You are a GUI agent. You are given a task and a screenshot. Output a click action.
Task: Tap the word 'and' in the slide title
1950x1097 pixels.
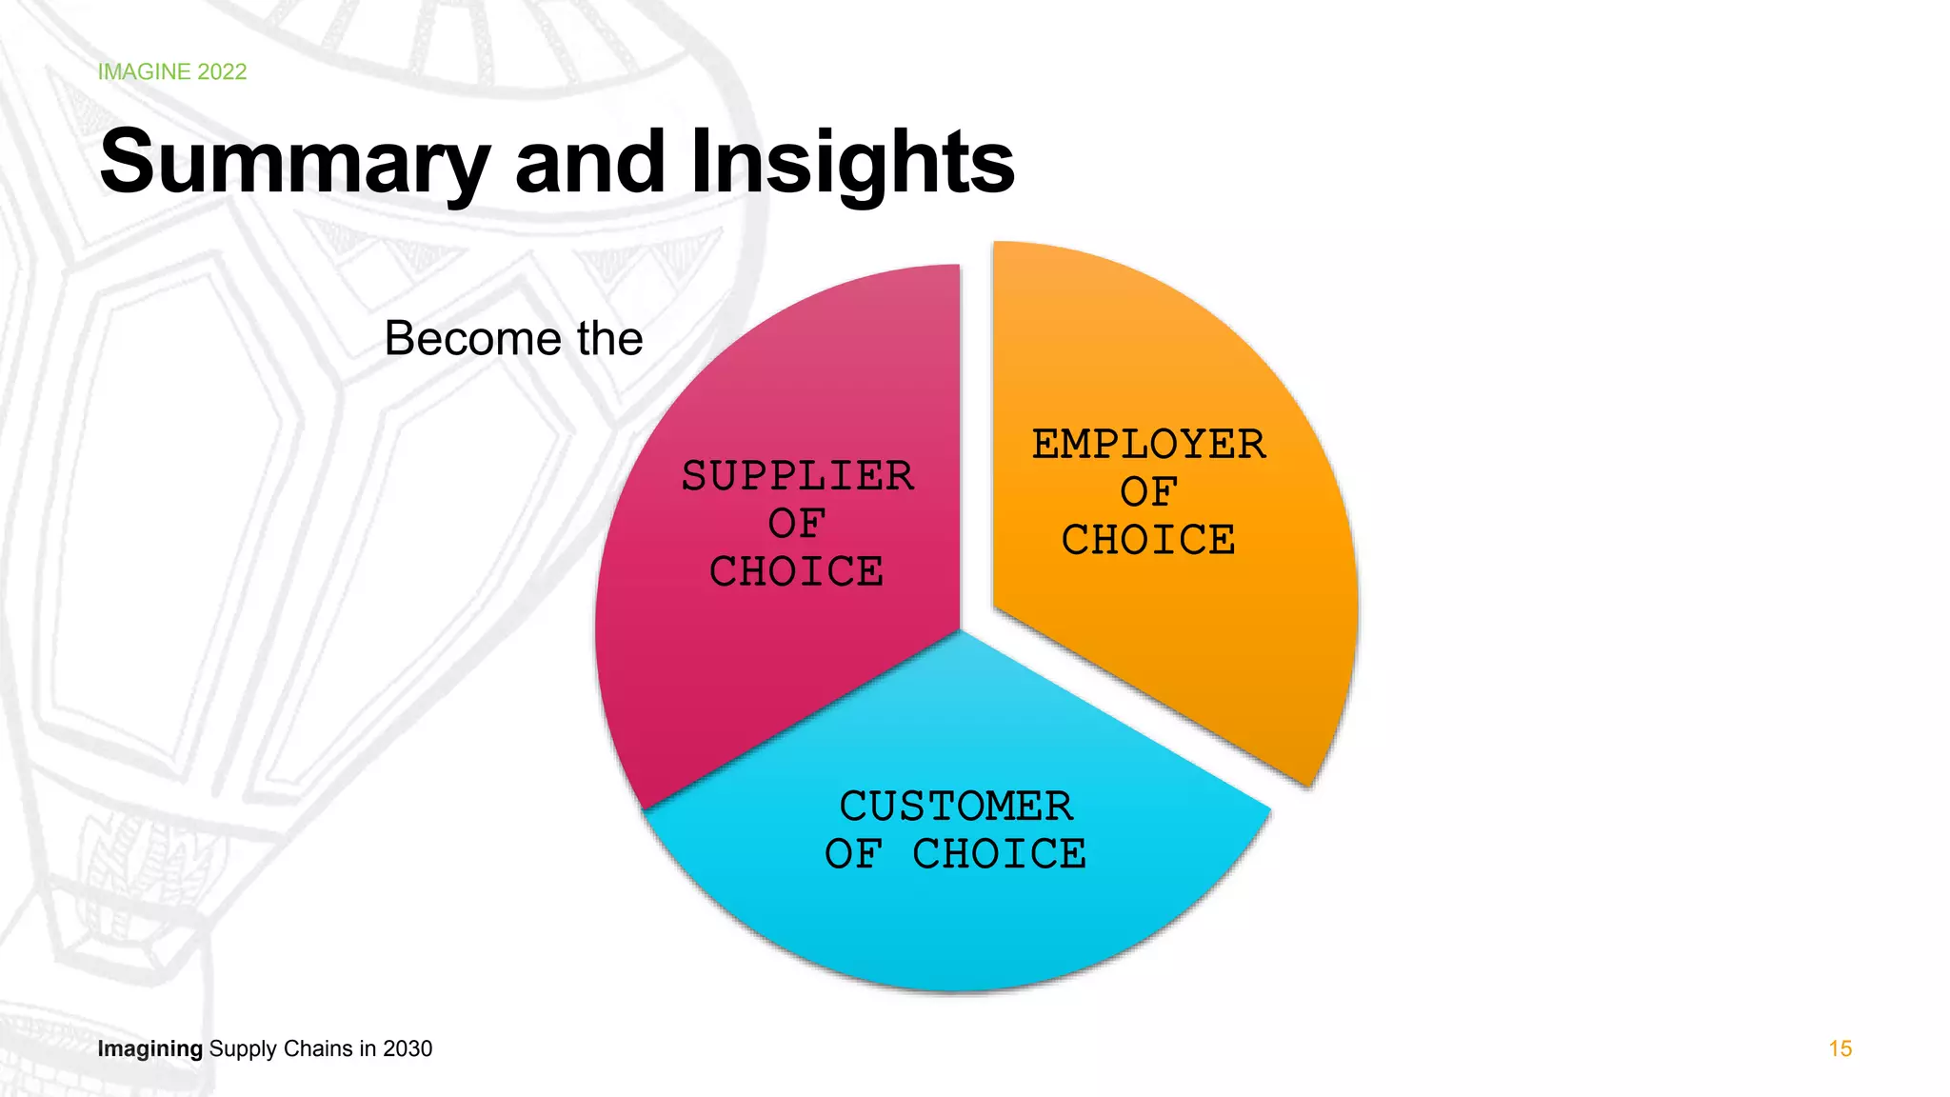tap(590, 162)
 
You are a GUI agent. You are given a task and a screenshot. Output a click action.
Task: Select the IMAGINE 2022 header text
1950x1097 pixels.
tap(172, 72)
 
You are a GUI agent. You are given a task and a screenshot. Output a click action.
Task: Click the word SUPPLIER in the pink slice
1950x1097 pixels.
tap(798, 476)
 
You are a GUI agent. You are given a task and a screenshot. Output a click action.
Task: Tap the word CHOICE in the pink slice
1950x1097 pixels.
tap(798, 572)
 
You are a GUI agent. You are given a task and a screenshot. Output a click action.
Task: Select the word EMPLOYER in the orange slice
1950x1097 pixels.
tap(1149, 445)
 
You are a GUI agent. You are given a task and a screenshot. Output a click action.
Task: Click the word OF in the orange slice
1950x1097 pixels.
tap(1149, 492)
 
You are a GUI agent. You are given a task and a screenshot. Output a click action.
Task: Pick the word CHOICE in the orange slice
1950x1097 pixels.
tap(1149, 540)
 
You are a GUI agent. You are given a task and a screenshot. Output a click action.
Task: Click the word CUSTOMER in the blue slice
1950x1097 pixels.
tap(956, 807)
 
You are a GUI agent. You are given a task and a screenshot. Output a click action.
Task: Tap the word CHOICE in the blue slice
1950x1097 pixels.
tap(1000, 854)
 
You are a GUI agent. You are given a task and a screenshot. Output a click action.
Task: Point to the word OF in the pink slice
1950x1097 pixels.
tap(798, 524)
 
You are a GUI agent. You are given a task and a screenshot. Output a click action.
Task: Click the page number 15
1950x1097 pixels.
tap(1840, 1048)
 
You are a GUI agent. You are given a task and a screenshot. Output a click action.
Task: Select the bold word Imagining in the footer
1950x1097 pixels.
tap(150, 1048)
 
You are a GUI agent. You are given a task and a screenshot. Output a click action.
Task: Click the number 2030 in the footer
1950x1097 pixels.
tap(408, 1048)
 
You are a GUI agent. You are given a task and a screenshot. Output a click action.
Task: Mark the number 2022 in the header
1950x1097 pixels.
tap(222, 72)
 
